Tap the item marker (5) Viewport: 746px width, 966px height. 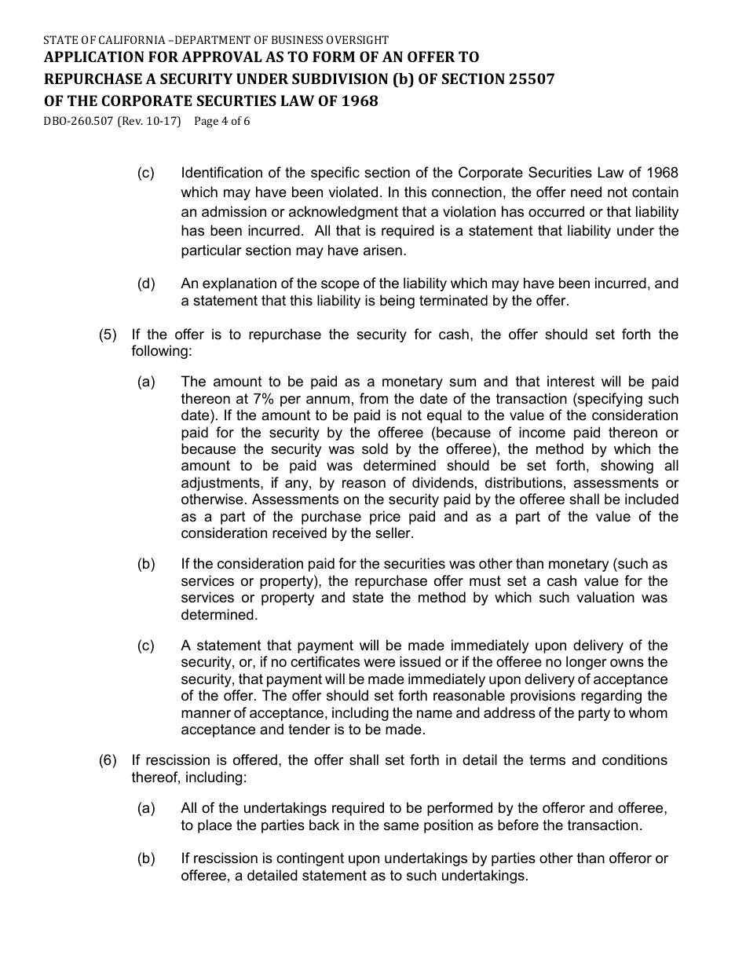tap(108, 335)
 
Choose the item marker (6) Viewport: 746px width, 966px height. tap(108, 760)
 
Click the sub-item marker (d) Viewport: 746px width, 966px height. tap(146, 284)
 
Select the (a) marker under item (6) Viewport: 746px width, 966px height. tap(146, 808)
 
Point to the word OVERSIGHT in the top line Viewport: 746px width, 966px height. tap(358, 39)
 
